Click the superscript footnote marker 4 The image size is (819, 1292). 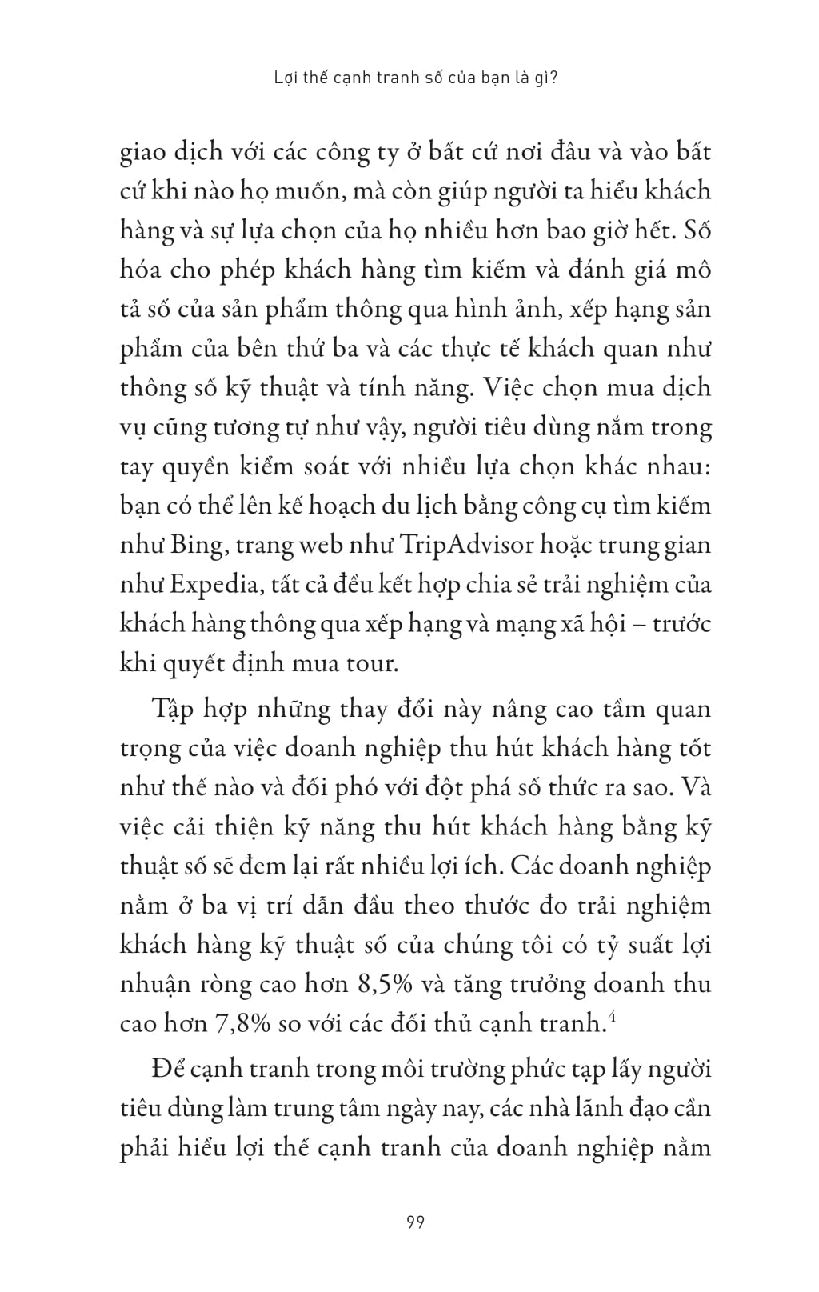click(x=612, y=1016)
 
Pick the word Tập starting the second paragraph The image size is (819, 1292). click(x=173, y=710)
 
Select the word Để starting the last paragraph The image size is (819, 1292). click(x=170, y=1070)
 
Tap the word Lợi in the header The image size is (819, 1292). click(x=286, y=80)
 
